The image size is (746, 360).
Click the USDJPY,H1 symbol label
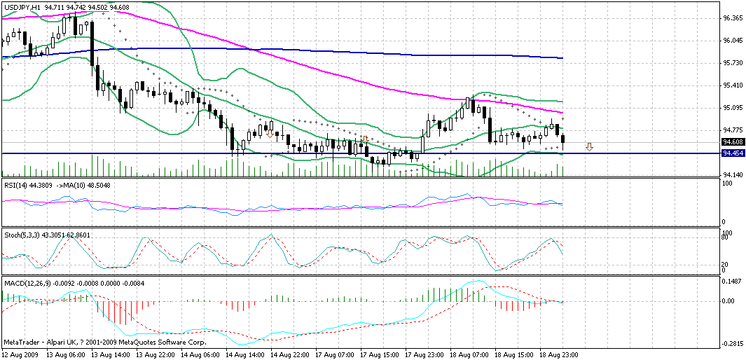22,7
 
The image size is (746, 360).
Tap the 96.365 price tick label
733,18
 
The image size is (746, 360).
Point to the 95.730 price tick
733,63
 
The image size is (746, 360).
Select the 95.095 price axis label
733,108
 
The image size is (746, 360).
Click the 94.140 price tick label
733,175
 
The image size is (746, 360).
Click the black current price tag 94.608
733,142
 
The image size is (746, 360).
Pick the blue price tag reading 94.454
733,153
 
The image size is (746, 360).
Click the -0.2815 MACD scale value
733,344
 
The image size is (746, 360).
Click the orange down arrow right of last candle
590,147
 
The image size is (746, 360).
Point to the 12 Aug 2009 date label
21,355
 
